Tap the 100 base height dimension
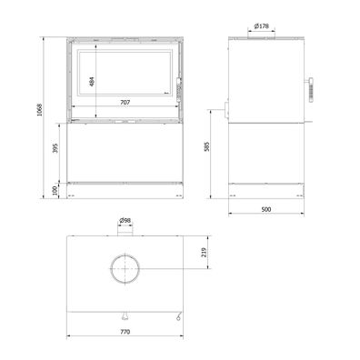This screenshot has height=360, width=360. tap(54, 190)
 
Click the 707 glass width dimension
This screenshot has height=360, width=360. tap(125, 104)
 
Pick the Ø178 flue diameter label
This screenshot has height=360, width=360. tap(262, 26)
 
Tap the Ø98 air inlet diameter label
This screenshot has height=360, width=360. tap(125, 220)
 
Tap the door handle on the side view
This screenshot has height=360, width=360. tap(310, 88)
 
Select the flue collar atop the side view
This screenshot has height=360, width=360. tap(262, 37)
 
